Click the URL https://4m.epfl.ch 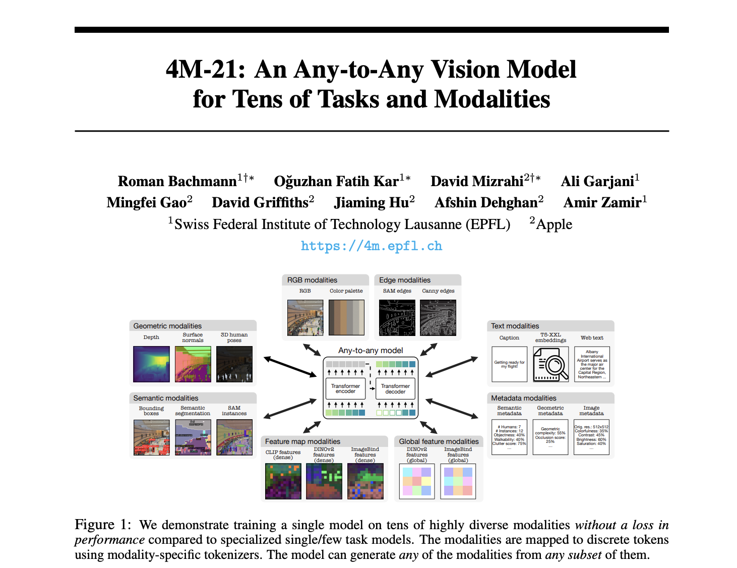click(x=371, y=246)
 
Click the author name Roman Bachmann click(x=177, y=181)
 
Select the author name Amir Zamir click(x=602, y=203)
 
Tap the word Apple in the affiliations click(x=554, y=224)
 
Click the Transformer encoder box click(x=345, y=388)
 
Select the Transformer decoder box click(x=395, y=388)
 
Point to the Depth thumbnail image click(x=151, y=364)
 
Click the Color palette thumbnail click(x=346, y=318)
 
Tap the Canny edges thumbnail click(x=438, y=318)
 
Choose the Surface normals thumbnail click(x=193, y=364)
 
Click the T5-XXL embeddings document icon click(x=550, y=364)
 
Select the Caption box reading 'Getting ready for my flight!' click(x=509, y=364)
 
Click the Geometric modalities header click(x=167, y=326)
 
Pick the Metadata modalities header click(x=524, y=398)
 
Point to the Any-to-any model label click(x=371, y=351)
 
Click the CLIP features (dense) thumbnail click(x=283, y=481)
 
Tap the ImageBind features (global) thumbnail click(x=458, y=481)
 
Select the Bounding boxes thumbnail click(x=151, y=437)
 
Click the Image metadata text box click(x=591, y=437)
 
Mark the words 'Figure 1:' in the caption click(x=103, y=525)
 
